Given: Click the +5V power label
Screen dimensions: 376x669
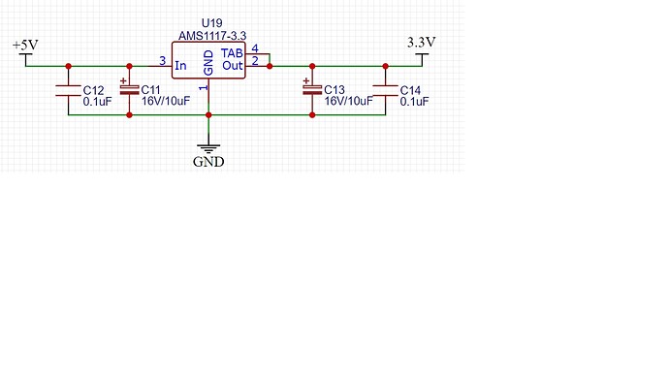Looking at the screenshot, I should click(x=24, y=46).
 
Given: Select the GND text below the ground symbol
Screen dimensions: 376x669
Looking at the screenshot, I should click(x=208, y=162).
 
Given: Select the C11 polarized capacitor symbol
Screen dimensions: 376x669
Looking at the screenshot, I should click(x=129, y=90).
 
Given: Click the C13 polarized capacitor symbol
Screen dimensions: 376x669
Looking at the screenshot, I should click(x=311, y=90).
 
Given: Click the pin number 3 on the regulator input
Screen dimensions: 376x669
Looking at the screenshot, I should click(x=162, y=61).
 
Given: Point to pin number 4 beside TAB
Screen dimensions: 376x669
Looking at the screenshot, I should click(x=254, y=48).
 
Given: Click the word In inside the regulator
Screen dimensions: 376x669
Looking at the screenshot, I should click(x=180, y=66).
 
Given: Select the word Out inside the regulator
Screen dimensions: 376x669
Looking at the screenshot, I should click(x=233, y=66).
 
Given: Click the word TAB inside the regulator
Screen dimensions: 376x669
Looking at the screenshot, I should click(x=233, y=52).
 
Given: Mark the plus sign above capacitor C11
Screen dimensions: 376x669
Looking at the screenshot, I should click(x=123, y=80).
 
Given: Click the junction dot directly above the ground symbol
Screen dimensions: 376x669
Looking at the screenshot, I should click(x=208, y=115).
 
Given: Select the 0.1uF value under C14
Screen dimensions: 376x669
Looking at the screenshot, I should click(x=416, y=101).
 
